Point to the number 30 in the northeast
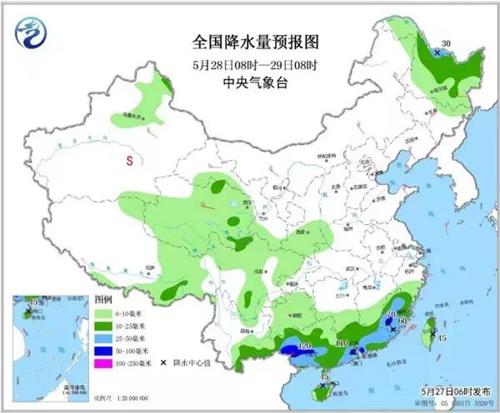tap(445, 43)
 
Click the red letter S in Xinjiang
tap(129, 161)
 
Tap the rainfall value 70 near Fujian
tap(390, 313)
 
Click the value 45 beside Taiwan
tap(442, 337)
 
